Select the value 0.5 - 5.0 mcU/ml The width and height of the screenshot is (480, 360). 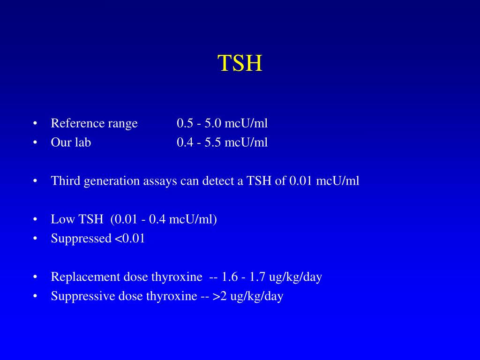coord(222,123)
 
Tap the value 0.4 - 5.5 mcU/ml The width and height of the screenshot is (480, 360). coord(222,142)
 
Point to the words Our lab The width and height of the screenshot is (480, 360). coord(71,142)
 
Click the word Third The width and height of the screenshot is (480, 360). coord(66,181)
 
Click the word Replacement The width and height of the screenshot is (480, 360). coord(86,277)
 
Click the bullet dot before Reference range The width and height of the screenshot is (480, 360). coord(36,124)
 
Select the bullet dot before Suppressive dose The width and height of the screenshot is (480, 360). coord(36,297)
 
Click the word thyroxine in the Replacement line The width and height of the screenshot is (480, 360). coord(176,277)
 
